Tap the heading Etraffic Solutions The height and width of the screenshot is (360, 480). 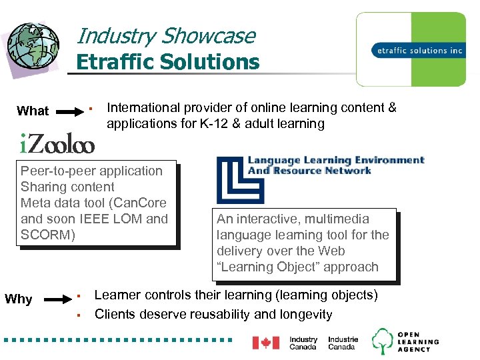pos(167,62)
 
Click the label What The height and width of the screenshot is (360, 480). pos(33,111)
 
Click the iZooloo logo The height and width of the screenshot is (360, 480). pos(57,143)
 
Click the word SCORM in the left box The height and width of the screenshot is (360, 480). pos(44,235)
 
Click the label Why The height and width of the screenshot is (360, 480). pos(19,299)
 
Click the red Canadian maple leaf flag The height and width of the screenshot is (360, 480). pos(265,342)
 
